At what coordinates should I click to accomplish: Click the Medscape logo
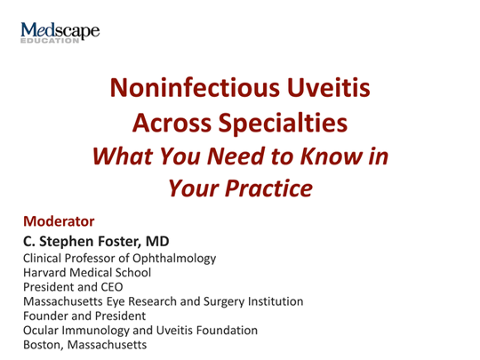pyautogui.click(x=60, y=33)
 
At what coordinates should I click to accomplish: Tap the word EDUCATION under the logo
pyautogui.click(x=50, y=41)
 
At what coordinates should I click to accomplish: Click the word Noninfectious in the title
pyautogui.click(x=195, y=87)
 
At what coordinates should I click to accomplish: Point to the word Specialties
pyautogui.click(x=283, y=124)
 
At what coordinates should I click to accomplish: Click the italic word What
pyautogui.click(x=123, y=156)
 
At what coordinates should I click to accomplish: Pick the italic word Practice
pyautogui.click(x=268, y=188)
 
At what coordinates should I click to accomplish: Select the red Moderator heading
pyautogui.click(x=59, y=221)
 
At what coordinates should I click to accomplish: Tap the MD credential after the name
pyautogui.click(x=157, y=242)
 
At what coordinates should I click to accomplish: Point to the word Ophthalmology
pyautogui.click(x=174, y=259)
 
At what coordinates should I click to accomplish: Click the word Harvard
pyautogui.click(x=45, y=273)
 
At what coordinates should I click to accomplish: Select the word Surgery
pyautogui.click(x=224, y=302)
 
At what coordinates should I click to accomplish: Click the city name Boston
pyautogui.click(x=44, y=345)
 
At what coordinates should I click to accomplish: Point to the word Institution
pyautogui.click(x=276, y=301)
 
